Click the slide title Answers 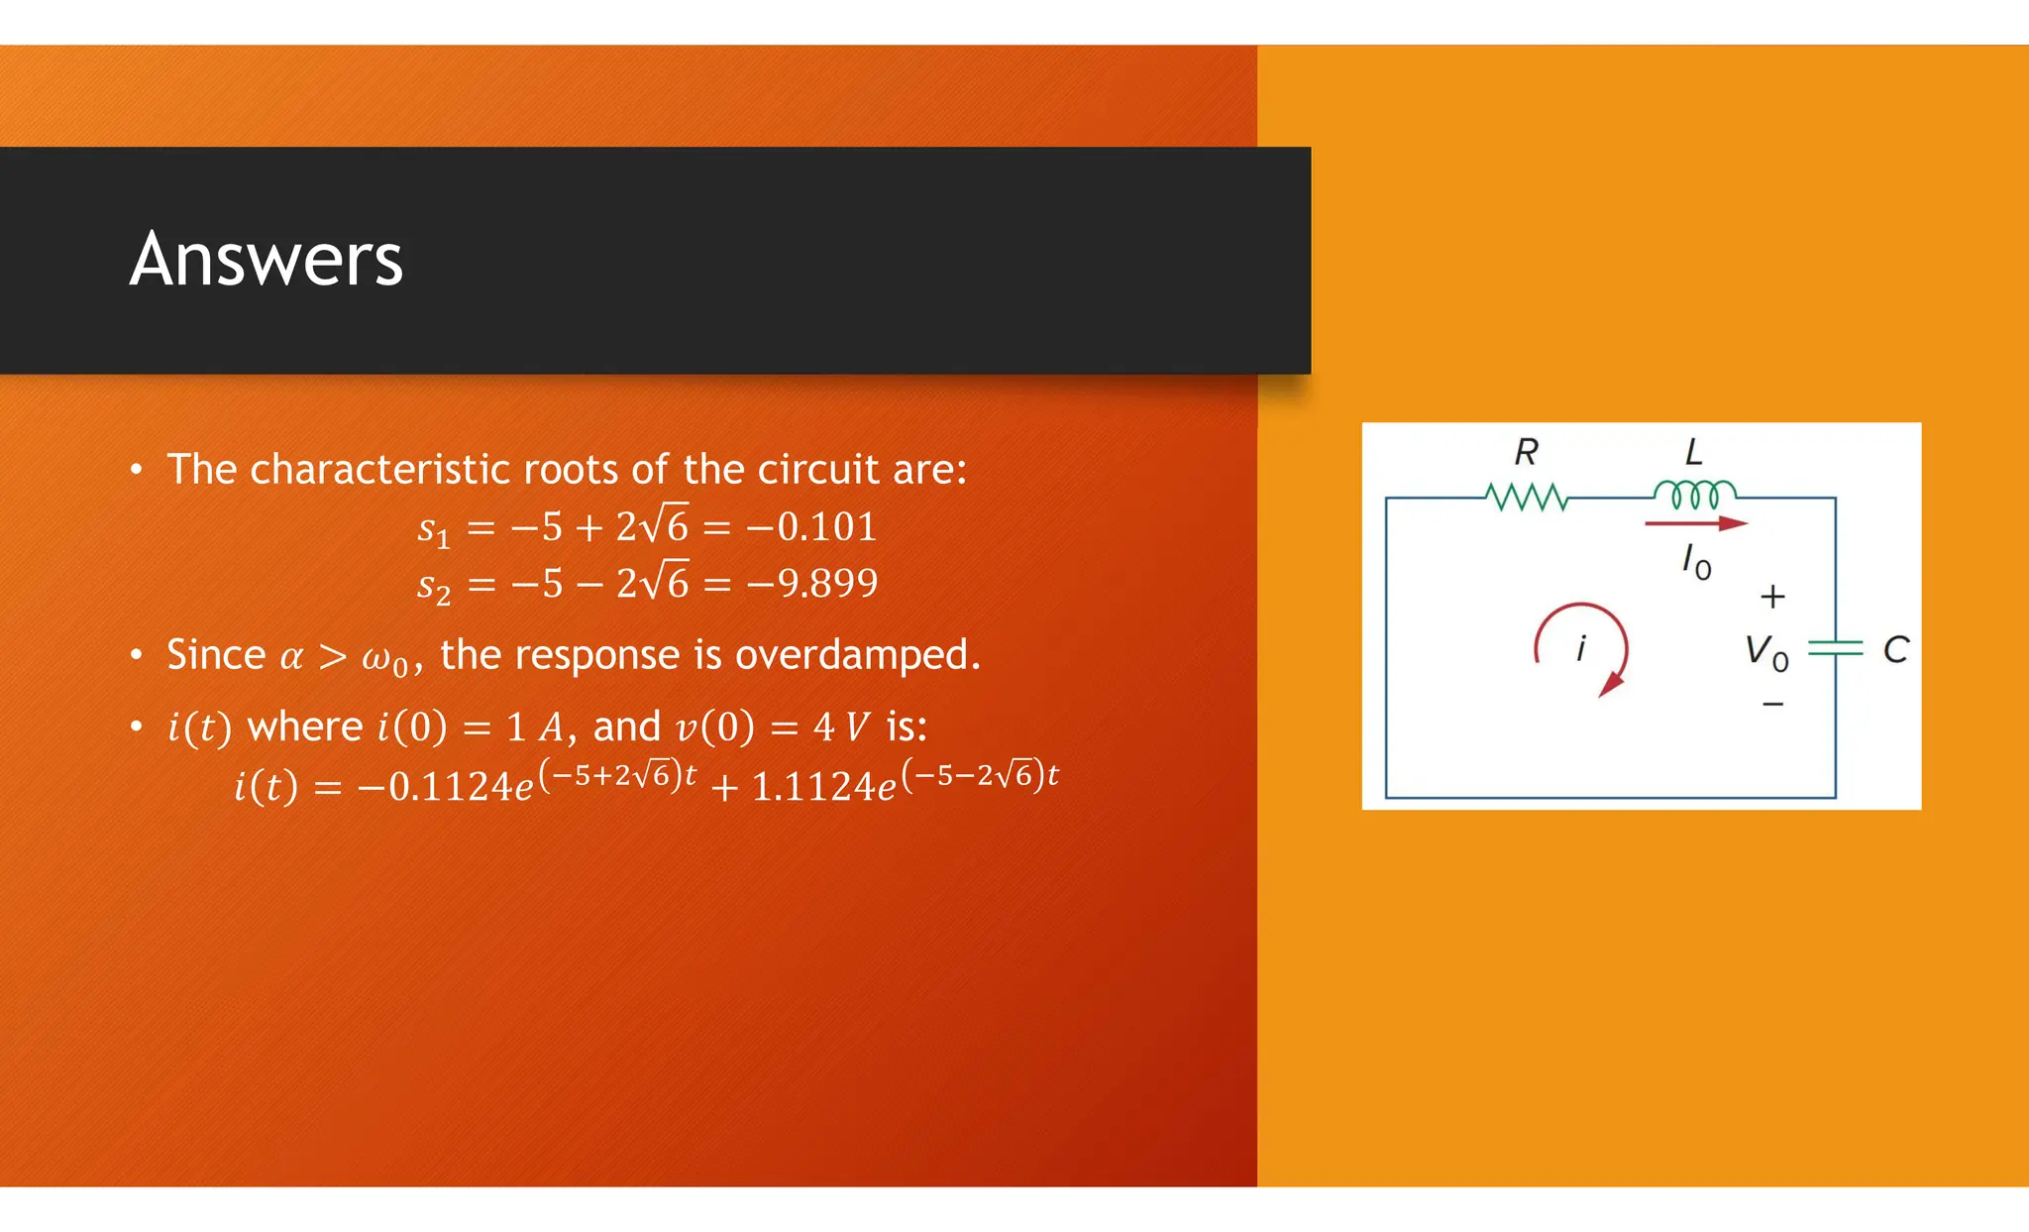266,259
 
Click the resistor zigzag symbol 1527,497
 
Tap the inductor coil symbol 1694,494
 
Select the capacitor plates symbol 1835,649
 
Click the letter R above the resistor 1526,453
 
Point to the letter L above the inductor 1694,453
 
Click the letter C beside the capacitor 1895,650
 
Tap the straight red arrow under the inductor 1695,523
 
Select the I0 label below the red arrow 1696,563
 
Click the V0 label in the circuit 1766,653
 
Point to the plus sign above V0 1772,597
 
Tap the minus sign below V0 1772,705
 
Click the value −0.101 811,527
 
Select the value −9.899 812,584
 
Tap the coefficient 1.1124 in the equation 813,787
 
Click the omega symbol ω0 384,659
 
